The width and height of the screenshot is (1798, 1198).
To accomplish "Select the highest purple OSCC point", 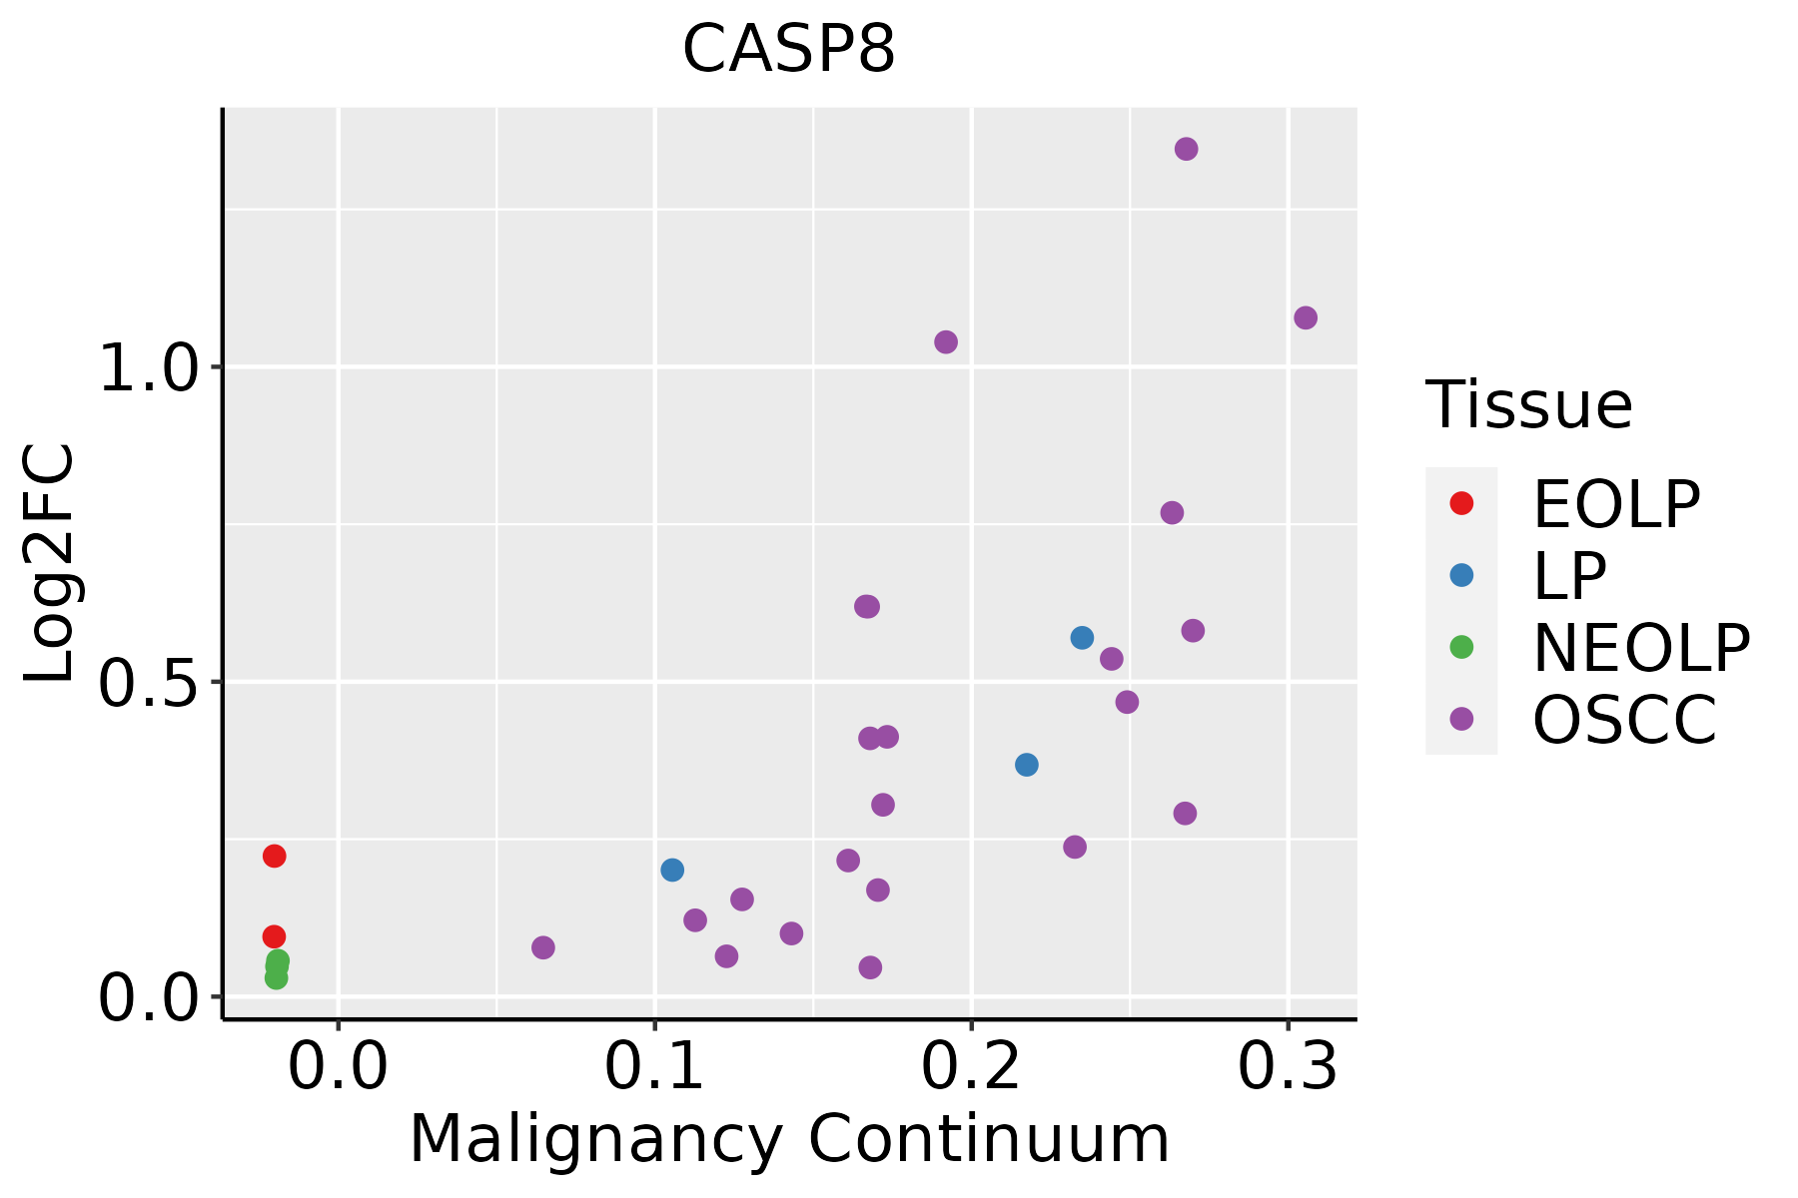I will coord(1186,149).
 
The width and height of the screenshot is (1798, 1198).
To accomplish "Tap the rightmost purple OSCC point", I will coord(1305,317).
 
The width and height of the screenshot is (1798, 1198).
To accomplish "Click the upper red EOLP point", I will coord(274,856).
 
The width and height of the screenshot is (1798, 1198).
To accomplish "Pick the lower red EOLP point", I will coord(274,936).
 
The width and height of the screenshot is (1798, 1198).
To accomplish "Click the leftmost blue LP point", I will coord(672,870).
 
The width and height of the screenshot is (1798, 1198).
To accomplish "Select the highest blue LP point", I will coord(1082,637).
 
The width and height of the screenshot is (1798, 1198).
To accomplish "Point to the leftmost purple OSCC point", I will coord(542,947).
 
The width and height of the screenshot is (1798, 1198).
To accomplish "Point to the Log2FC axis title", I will coord(50,563).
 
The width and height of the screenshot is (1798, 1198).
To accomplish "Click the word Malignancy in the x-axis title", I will coord(595,1139).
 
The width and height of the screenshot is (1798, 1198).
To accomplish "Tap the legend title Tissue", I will coord(1528,405).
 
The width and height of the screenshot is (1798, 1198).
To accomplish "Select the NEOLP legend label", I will coord(1641,649).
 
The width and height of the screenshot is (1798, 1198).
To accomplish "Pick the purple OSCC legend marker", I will coord(1461,719).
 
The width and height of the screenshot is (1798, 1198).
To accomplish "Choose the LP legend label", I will coord(1569,576).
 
